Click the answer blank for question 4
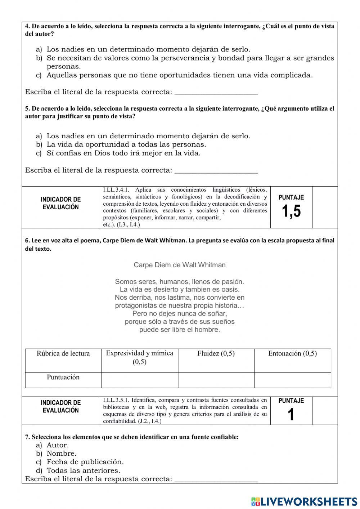click(x=216, y=92)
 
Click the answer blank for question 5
click(x=216, y=170)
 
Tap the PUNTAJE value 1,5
click(x=291, y=211)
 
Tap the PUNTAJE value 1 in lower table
click(x=291, y=415)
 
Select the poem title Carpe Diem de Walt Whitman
click(x=180, y=265)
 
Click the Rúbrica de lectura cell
click(x=63, y=354)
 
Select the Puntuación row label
click(x=63, y=378)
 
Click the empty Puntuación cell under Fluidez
click(x=216, y=380)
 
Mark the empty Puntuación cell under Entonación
click(x=292, y=380)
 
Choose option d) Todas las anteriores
click(x=83, y=470)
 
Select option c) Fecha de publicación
click(x=85, y=462)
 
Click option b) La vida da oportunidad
click(x=126, y=144)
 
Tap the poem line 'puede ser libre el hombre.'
click(x=180, y=330)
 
